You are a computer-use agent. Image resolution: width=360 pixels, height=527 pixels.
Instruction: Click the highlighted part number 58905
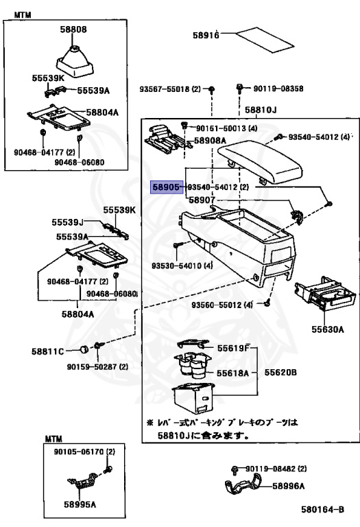(x=167, y=187)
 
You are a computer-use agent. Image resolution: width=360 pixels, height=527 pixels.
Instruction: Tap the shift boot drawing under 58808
(x=75, y=62)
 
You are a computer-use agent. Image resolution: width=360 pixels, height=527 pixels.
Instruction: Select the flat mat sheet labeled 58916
(x=265, y=40)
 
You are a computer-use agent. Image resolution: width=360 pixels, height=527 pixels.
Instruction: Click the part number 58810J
(x=261, y=110)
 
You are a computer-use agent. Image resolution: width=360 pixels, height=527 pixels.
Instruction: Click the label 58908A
(x=210, y=141)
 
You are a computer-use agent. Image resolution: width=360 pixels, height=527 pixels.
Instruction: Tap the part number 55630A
(x=327, y=329)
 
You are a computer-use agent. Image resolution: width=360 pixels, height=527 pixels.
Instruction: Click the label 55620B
(x=280, y=373)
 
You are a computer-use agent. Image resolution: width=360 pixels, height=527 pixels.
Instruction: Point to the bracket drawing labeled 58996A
(x=243, y=486)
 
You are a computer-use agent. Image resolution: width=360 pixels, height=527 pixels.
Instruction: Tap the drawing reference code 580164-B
(x=322, y=510)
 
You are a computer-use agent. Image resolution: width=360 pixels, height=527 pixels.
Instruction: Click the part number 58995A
(x=80, y=504)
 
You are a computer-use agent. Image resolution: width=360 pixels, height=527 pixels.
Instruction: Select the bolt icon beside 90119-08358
(x=240, y=89)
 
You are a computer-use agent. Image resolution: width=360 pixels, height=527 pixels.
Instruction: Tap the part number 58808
(x=73, y=30)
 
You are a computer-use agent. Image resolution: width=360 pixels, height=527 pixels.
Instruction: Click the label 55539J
(x=67, y=222)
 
